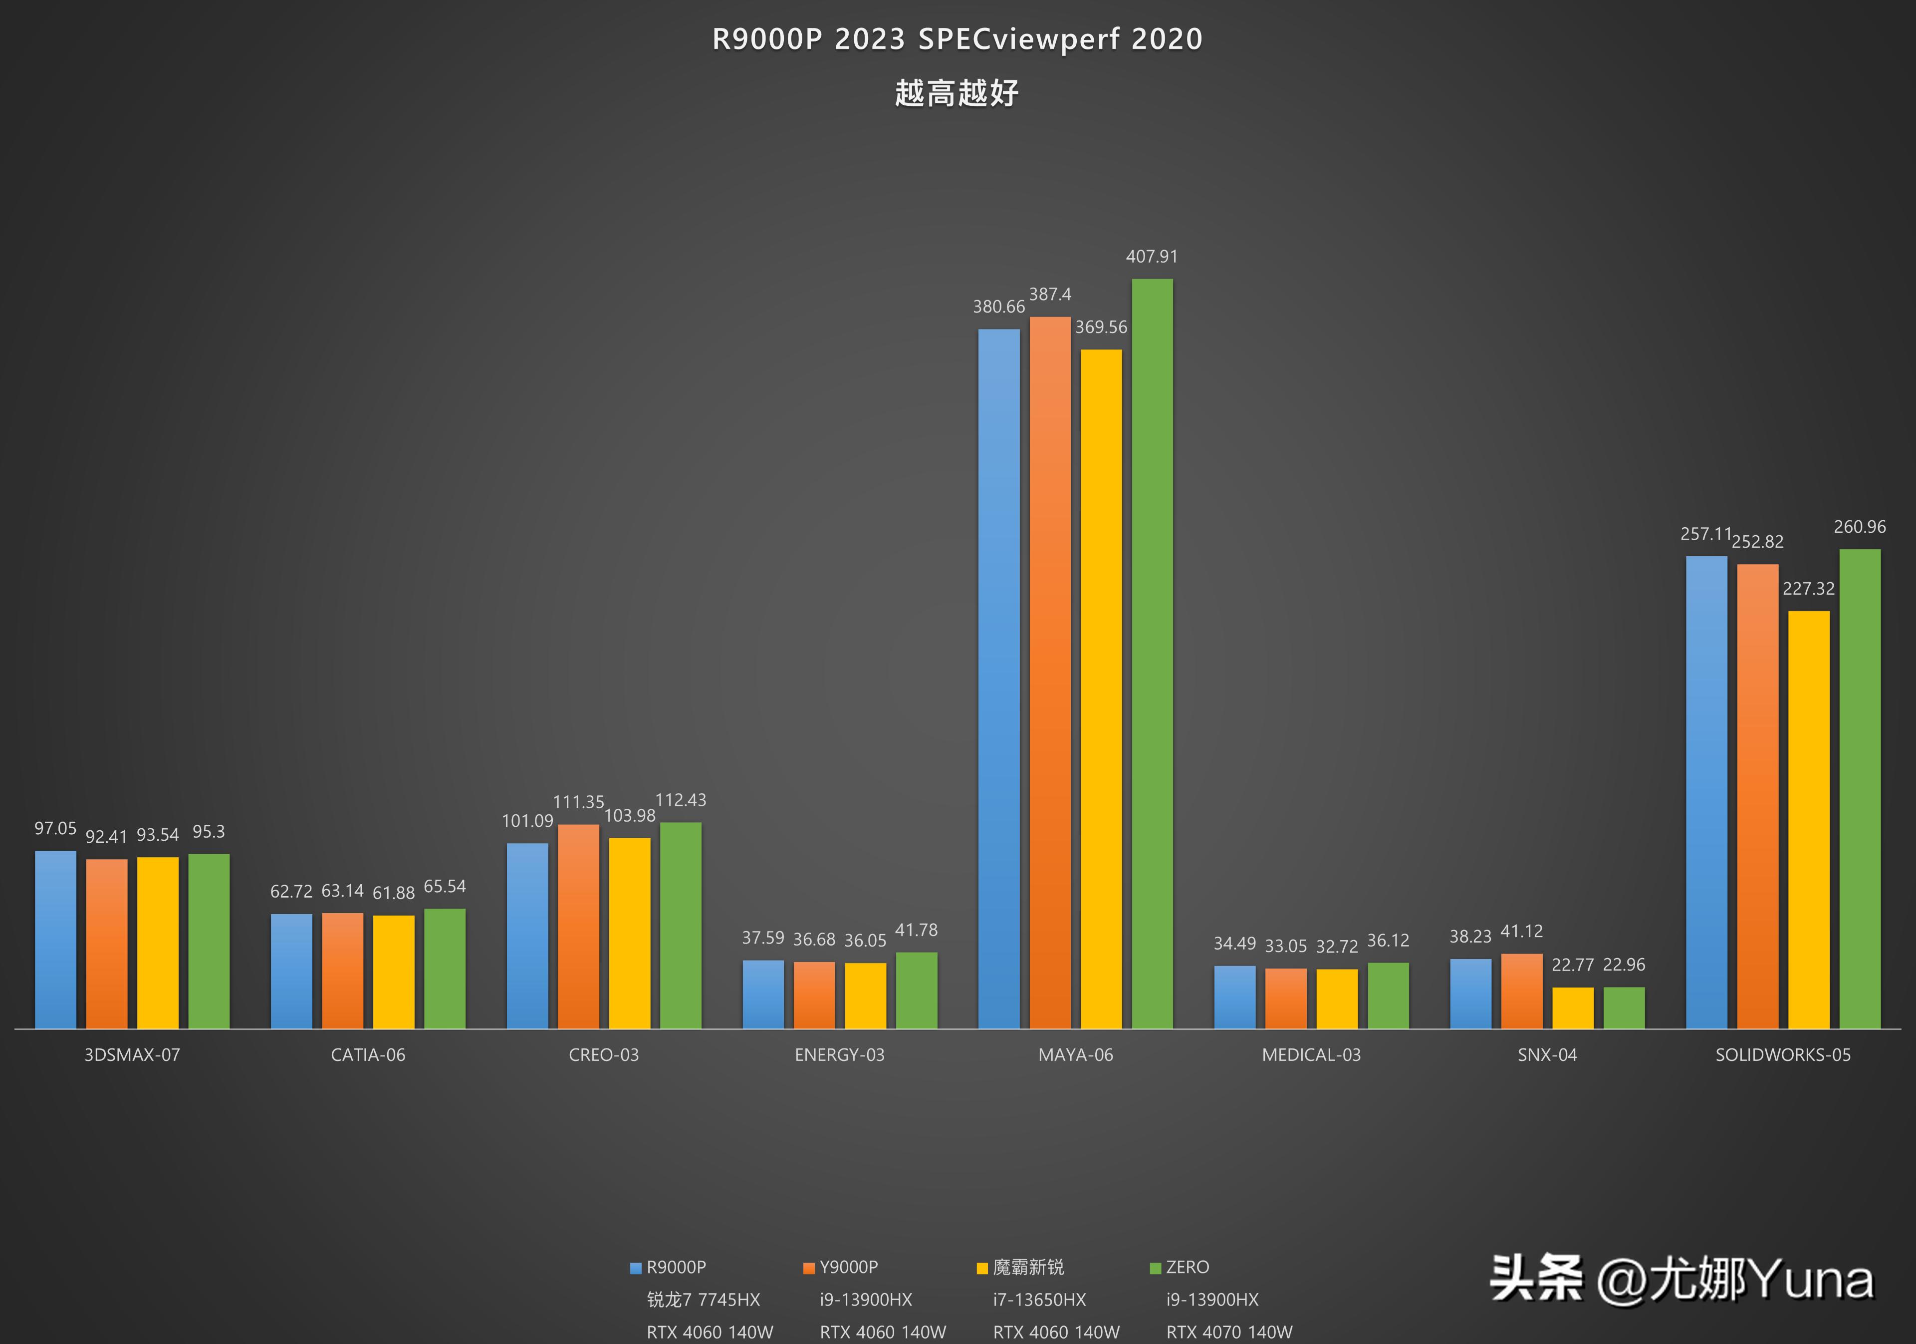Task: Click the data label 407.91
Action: point(1152,256)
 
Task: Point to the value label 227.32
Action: point(1808,589)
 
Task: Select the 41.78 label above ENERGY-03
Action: point(916,930)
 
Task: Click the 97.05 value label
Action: point(55,828)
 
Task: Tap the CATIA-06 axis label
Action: point(368,1055)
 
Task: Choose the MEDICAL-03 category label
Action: point(1311,1055)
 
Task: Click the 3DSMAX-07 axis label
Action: point(132,1055)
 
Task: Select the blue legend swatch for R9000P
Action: point(636,1268)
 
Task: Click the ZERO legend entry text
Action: point(1188,1267)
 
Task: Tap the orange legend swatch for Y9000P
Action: point(809,1268)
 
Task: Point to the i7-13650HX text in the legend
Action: point(1040,1300)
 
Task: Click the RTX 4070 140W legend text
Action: point(1229,1333)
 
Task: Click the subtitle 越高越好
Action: point(957,93)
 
